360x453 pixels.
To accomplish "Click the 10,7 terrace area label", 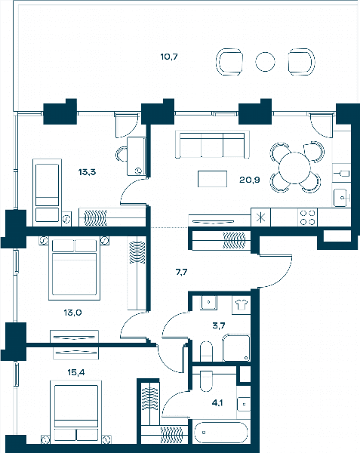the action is coord(169,57).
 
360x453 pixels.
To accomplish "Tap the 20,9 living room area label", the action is coord(249,180).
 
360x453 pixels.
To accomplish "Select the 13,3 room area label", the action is coord(88,172).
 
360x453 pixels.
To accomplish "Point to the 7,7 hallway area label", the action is coord(182,272).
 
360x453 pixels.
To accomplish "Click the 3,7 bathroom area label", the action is coord(219,326).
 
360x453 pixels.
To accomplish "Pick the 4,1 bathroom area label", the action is coord(217,402).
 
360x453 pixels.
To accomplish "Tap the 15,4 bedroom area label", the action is coord(76,373).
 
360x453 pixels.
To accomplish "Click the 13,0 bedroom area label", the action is coord(72,313).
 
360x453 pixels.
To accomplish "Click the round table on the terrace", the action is coord(265,62).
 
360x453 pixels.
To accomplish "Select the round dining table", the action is coord(294,168).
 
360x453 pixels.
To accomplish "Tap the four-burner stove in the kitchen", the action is coord(307,217).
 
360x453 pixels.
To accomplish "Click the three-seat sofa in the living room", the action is coord(212,144).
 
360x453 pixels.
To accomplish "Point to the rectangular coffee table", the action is coord(213,179).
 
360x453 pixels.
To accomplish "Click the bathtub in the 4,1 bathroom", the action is coord(221,433).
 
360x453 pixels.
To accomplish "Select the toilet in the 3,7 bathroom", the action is coord(206,351).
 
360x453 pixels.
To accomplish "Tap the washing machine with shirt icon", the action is coord(242,305).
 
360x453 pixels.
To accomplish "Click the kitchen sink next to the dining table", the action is coord(340,198).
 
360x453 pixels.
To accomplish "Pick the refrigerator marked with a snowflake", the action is coord(261,217).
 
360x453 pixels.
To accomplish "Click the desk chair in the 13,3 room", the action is coord(122,154).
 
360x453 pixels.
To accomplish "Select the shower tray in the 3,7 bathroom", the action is coord(236,348).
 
